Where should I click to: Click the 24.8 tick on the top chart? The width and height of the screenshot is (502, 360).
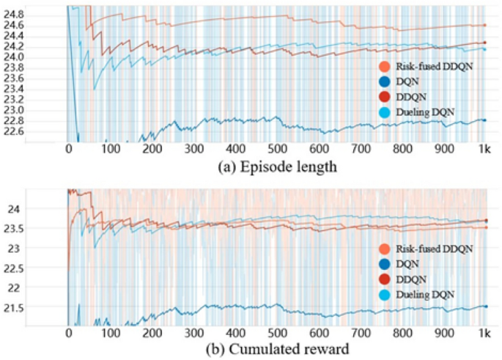pyautogui.click(x=13, y=14)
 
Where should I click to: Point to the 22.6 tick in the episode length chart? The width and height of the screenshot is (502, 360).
pyautogui.click(x=13, y=131)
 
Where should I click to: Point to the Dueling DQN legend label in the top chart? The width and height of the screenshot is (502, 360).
pyautogui.click(x=414, y=111)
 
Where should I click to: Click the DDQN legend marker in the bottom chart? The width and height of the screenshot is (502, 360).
pyautogui.click(x=378, y=279)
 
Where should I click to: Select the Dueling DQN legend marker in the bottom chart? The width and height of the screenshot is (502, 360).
pyautogui.click(x=378, y=293)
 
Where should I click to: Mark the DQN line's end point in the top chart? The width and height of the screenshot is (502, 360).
pyautogui.click(x=484, y=120)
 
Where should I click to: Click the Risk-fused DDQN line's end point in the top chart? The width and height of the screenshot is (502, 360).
pyautogui.click(x=484, y=25)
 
